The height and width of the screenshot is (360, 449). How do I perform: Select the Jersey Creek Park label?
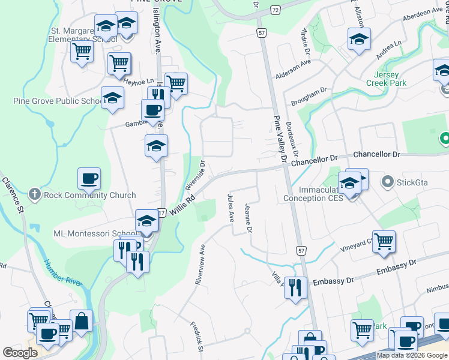coord(390,79)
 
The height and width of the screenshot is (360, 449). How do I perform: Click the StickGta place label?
coord(414,181)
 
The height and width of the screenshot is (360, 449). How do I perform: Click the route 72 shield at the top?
coord(274,11)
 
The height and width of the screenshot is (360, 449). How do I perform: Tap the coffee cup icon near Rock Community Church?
coord(89,178)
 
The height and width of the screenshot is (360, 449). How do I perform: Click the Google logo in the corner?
coord(20,353)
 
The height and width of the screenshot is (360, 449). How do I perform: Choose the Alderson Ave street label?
coord(293,69)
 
